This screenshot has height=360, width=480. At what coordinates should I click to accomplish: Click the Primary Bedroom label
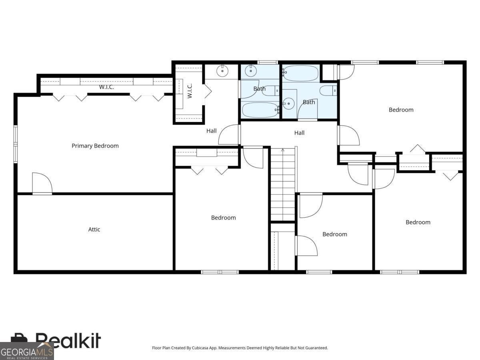pyautogui.click(x=95, y=146)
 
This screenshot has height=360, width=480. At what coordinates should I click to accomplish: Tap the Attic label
pyautogui.click(x=94, y=230)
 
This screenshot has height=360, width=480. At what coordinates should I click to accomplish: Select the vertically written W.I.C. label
pyautogui.click(x=190, y=91)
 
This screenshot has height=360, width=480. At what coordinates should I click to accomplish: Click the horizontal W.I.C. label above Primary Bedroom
pyautogui.click(x=107, y=87)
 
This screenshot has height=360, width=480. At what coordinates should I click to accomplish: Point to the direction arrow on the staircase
pyautogui.click(x=283, y=150)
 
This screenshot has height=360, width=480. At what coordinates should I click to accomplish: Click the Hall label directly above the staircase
pyautogui.click(x=299, y=133)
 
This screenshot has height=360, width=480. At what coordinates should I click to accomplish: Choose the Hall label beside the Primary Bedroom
pyautogui.click(x=211, y=131)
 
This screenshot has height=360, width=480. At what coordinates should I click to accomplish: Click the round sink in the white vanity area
pyautogui.click(x=222, y=71)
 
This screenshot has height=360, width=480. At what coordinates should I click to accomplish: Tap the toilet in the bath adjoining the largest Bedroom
pyautogui.click(x=329, y=91)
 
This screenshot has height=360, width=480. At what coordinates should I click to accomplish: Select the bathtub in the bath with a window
pyautogui.click(x=260, y=110)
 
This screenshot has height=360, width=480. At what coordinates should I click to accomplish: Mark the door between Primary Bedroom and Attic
pyautogui.click(x=42, y=184)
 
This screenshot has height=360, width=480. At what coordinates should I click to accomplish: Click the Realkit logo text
pyautogui.click(x=68, y=340)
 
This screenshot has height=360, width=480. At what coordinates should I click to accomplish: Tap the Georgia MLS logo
pyautogui.click(x=26, y=351)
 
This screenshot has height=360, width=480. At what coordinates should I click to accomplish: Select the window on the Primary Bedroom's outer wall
pyautogui.click(x=16, y=144)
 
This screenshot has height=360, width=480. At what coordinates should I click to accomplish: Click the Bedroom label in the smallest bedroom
pyautogui.click(x=335, y=234)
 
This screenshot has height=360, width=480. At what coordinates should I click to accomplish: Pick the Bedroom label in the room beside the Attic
pyautogui.click(x=223, y=218)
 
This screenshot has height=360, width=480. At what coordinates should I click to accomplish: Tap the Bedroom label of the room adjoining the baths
pyautogui.click(x=401, y=110)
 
